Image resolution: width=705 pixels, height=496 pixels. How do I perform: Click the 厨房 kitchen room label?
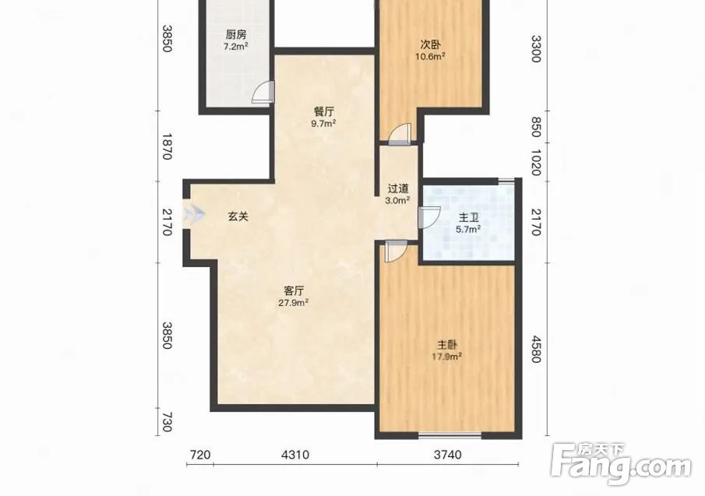(x=236, y=34)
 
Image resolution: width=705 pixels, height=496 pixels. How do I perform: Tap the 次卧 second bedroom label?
(x=430, y=44)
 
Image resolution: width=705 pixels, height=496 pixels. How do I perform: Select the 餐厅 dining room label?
(x=324, y=112)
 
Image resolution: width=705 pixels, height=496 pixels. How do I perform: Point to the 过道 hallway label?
(x=398, y=188)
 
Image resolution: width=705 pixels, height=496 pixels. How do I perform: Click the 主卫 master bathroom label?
(x=468, y=218)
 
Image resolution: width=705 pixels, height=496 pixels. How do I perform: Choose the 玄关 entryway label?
(x=238, y=216)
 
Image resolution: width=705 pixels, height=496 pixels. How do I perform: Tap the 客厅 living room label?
(x=294, y=290)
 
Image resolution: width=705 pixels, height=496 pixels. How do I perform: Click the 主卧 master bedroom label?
(x=447, y=345)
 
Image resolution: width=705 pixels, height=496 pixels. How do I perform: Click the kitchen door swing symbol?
(x=263, y=92)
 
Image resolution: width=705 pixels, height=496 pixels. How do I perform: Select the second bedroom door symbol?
(x=400, y=135)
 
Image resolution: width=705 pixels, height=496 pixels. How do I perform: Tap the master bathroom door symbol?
(x=429, y=217)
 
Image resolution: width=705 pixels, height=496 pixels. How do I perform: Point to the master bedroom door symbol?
(x=397, y=252)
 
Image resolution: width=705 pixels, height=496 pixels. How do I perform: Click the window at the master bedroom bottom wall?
(x=449, y=434)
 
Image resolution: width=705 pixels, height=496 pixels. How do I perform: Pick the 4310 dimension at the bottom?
(x=295, y=455)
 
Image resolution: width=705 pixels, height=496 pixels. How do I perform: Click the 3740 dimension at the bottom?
(x=448, y=455)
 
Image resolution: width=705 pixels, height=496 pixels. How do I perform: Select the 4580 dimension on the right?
(x=536, y=349)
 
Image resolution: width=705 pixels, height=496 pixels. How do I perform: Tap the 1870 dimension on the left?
(x=167, y=146)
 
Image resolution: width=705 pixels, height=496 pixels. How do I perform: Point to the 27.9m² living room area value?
(x=293, y=302)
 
